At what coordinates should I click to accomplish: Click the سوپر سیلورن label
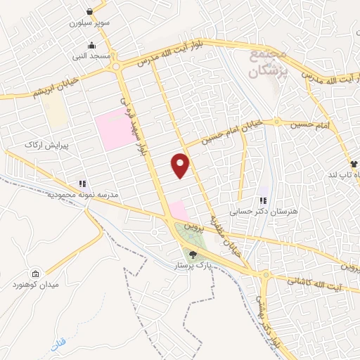tap(91, 22)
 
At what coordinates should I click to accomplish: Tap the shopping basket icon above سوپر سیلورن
tap(91, 11)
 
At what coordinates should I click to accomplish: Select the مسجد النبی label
tap(91, 56)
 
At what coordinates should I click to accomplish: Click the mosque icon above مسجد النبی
tap(91, 45)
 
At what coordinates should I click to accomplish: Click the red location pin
tap(181, 166)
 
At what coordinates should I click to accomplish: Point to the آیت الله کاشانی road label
tap(316, 281)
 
